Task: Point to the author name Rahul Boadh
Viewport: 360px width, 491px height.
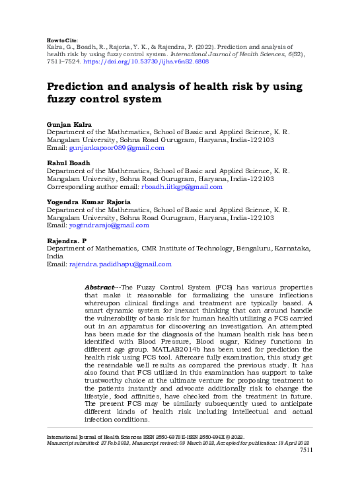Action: pos(67,163)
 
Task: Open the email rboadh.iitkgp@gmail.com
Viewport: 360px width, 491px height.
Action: pos(182,187)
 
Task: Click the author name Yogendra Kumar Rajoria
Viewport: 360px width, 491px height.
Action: pos(89,201)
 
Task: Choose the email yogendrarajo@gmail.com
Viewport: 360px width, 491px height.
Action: pos(109,225)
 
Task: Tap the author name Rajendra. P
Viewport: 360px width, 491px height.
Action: pos(67,240)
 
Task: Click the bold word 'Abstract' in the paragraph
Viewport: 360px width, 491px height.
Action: pos(100,287)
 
